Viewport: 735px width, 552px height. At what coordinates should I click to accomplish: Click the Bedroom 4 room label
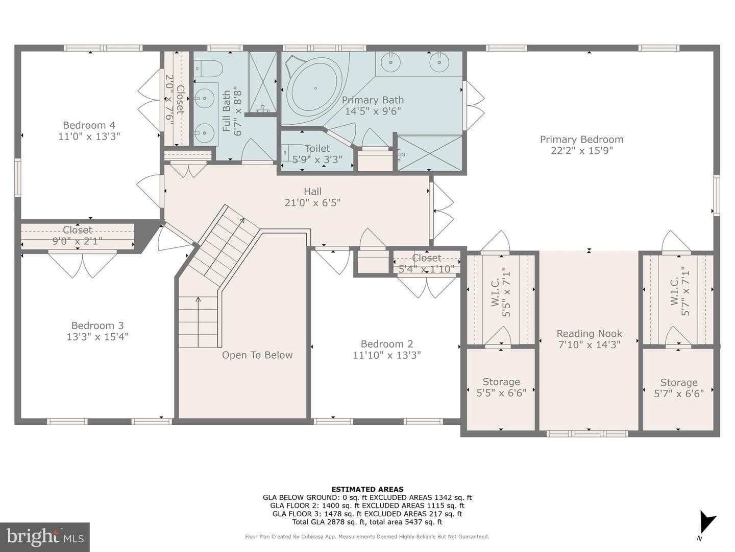[x=89, y=125]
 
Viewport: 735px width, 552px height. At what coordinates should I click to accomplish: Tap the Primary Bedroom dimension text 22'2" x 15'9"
[x=582, y=150]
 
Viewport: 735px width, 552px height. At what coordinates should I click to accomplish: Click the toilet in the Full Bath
[x=208, y=68]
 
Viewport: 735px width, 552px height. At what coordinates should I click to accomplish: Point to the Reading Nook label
[x=590, y=333]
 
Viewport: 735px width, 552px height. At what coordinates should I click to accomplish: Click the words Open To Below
[x=257, y=355]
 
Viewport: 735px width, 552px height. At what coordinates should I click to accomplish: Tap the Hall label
[x=312, y=191]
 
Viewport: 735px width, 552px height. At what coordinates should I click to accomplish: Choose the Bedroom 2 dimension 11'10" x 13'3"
[x=387, y=355]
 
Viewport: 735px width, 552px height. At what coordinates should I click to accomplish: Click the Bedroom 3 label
[x=97, y=326]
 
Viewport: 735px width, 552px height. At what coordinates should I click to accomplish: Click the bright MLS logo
[x=45, y=537]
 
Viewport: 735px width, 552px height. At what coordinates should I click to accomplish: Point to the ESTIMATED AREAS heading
[x=367, y=489]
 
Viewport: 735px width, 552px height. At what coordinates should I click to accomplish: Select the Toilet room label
[x=317, y=148]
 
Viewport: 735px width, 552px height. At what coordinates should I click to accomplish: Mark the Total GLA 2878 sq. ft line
[x=367, y=522]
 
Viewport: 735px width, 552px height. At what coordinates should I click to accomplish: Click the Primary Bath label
[x=373, y=100]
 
